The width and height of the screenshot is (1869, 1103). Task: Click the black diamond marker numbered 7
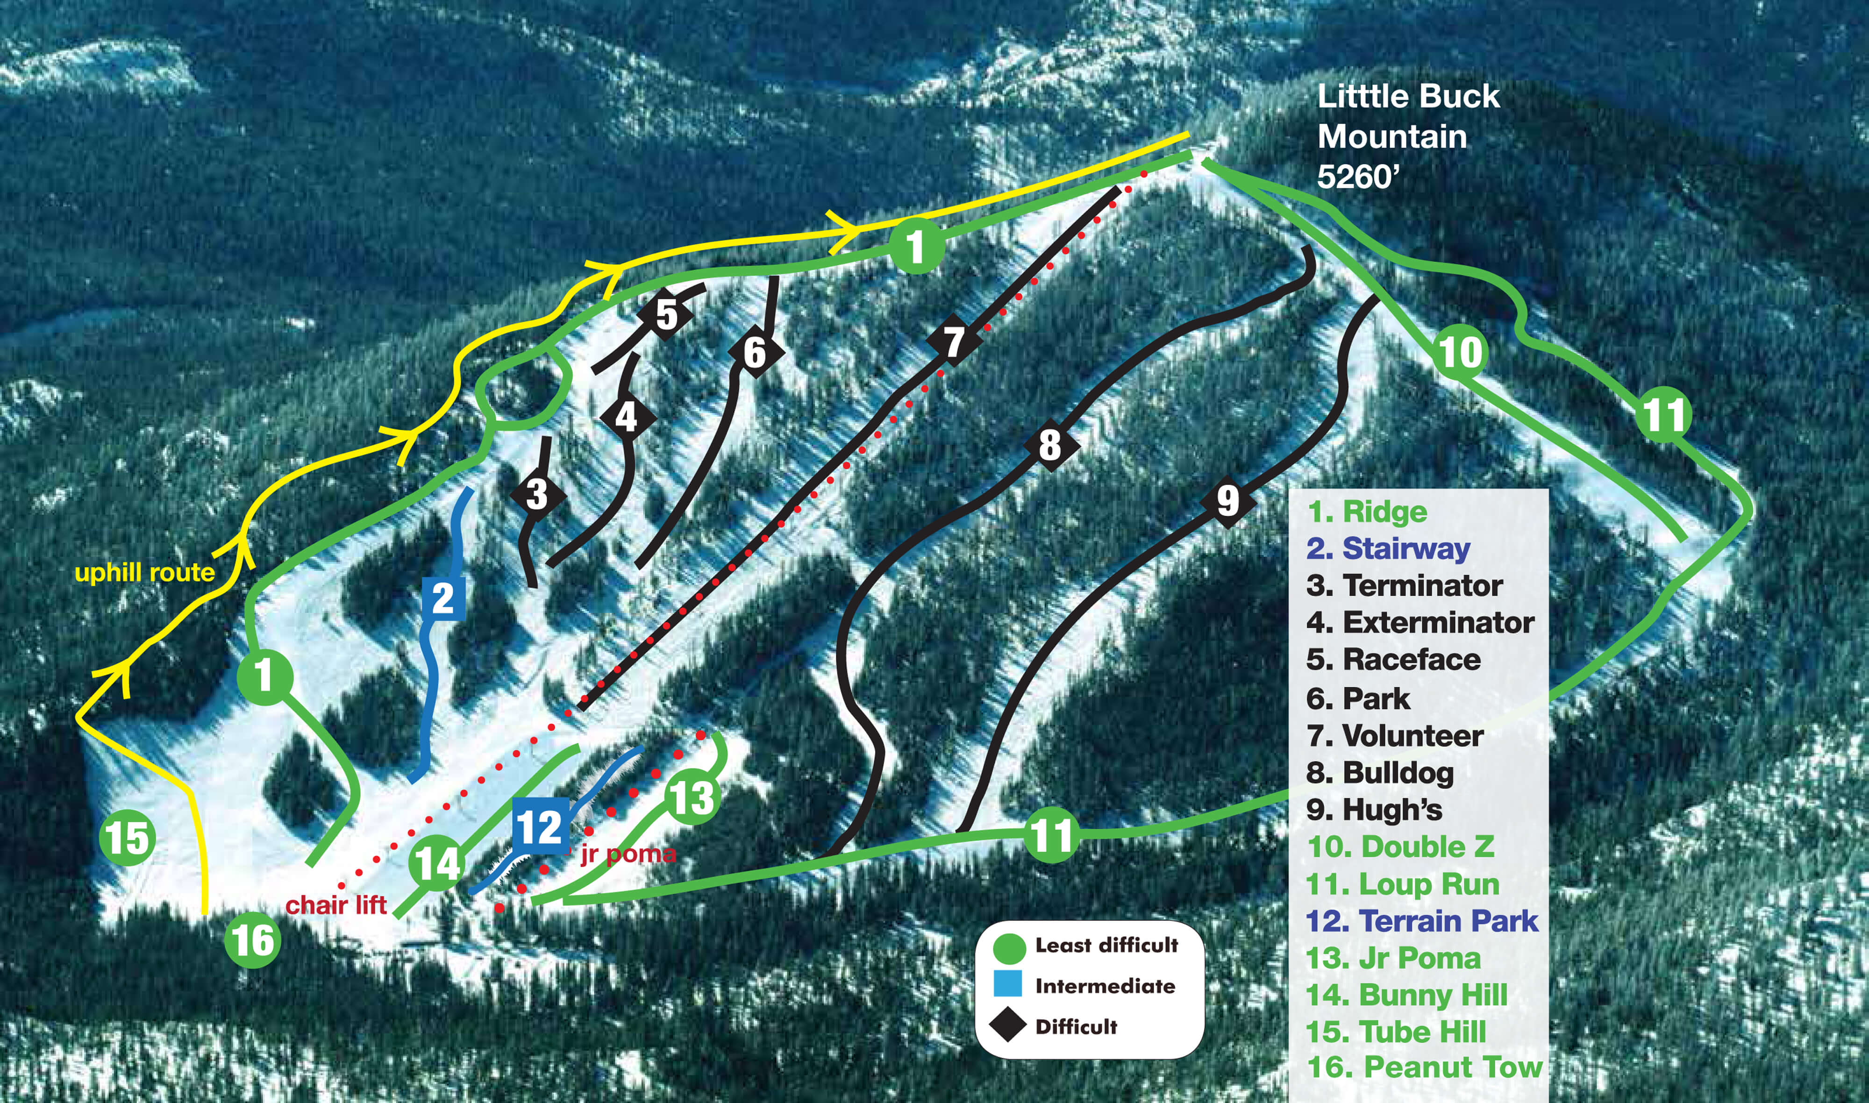tap(954, 341)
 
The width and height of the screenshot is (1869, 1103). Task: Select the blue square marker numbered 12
tap(540, 826)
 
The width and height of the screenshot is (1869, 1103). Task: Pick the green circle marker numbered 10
tap(1460, 352)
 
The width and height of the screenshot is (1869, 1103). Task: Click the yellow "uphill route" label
tap(145, 572)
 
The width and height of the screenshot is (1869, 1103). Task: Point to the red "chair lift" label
tap(336, 904)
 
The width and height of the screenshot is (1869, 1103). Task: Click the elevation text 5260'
tap(1358, 177)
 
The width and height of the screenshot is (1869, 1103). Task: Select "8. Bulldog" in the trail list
tap(1380, 773)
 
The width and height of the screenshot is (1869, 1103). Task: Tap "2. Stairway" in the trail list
tap(1388, 548)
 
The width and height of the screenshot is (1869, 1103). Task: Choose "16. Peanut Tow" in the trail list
tap(1425, 1067)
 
